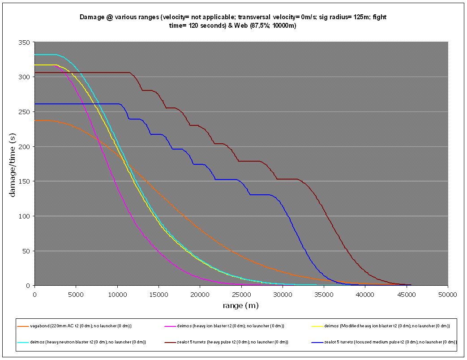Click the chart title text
click(233, 21)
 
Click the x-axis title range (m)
click(240, 306)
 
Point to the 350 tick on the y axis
click(24, 42)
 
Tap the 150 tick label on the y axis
click(24, 181)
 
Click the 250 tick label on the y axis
click(24, 112)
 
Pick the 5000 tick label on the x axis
click(76, 294)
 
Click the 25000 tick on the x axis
click(241, 294)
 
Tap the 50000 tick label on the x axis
click(447, 294)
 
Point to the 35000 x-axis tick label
click(324, 294)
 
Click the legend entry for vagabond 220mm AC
click(81, 326)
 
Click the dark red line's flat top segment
click(90, 73)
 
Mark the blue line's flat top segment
click(81, 104)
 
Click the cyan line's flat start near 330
click(45, 55)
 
